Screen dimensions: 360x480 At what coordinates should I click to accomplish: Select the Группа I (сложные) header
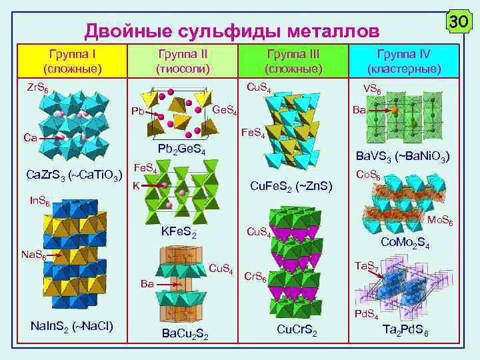(72, 61)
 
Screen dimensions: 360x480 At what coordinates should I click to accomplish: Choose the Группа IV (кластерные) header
(405, 61)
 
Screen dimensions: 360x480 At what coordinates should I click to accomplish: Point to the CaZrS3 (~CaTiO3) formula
(73, 176)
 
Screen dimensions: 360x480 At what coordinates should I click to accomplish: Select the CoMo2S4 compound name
(405, 243)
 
